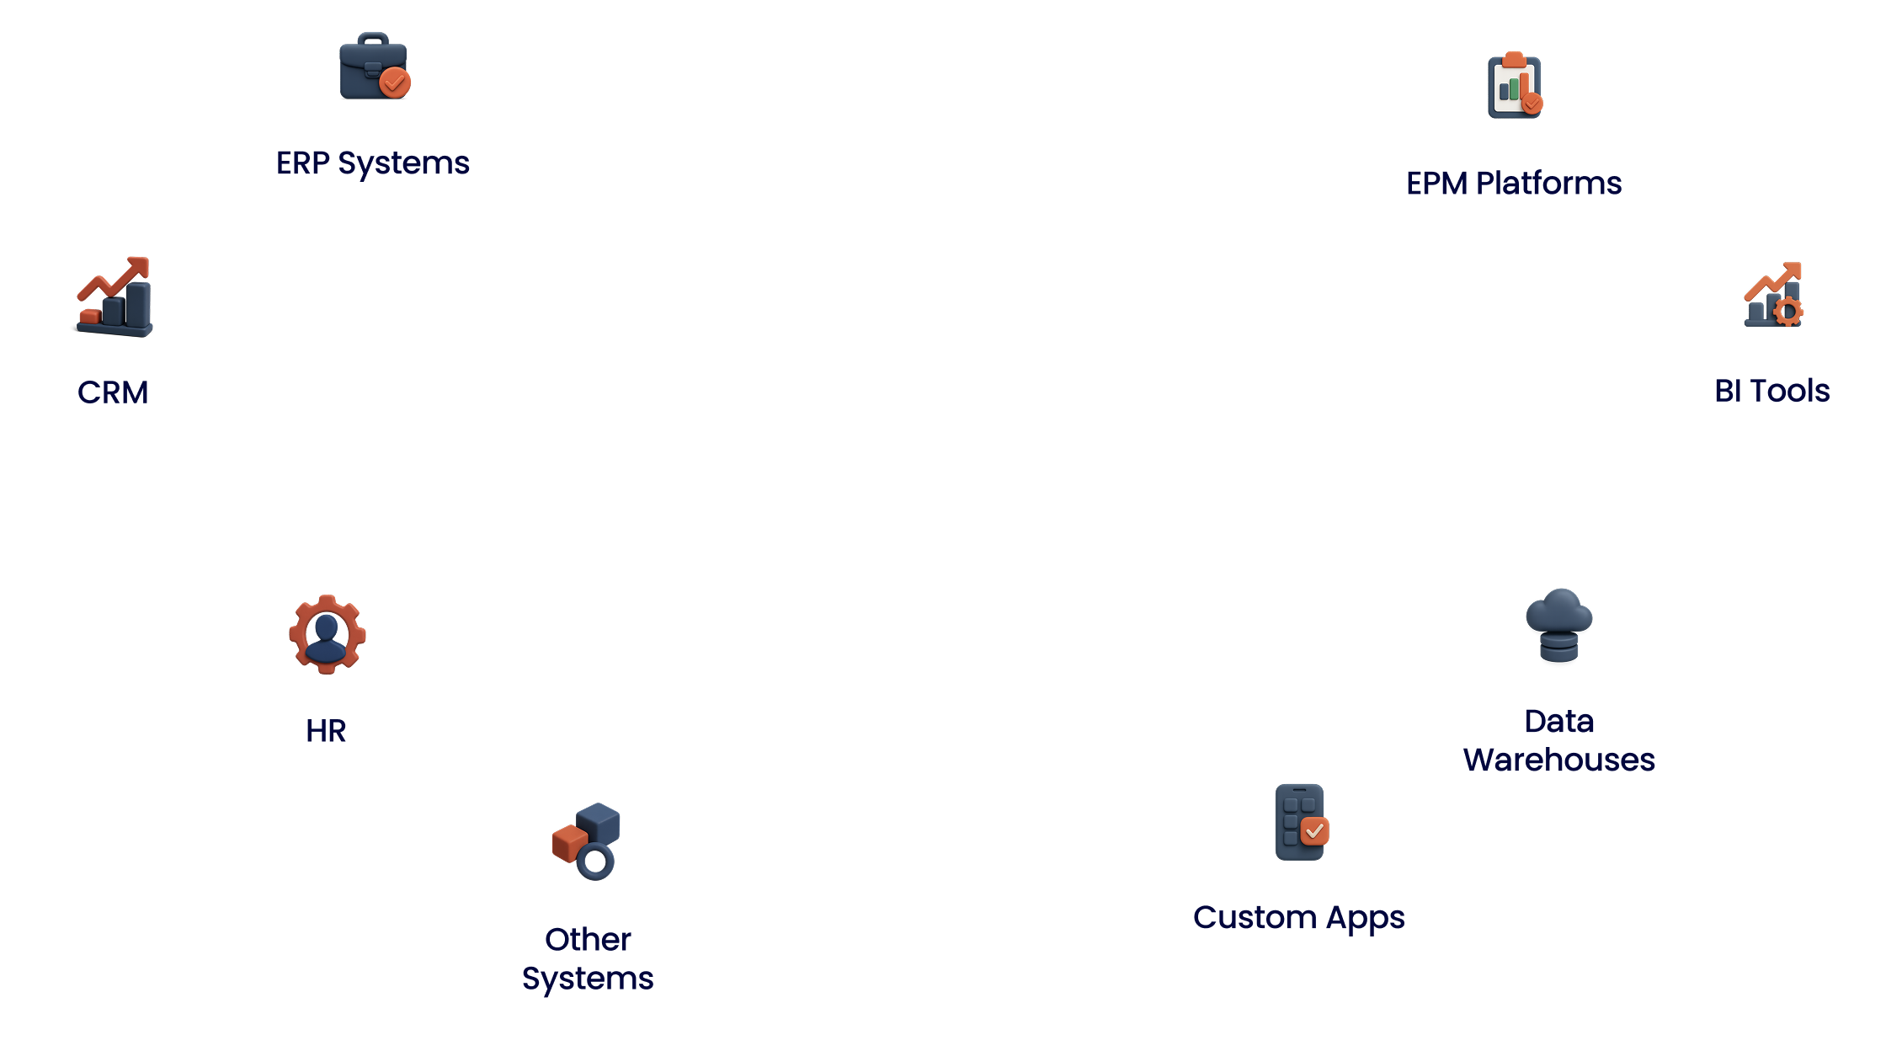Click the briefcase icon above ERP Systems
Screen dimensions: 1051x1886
373,67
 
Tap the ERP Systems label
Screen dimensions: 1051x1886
372,163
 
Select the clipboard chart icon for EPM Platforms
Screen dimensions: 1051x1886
1514,86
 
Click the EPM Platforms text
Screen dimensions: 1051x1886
1514,184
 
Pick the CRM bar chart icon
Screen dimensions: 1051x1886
114,296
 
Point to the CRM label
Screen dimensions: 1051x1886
114,392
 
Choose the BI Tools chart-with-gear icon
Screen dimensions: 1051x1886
1772,294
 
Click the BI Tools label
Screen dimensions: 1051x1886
1772,391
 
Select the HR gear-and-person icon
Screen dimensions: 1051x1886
327,633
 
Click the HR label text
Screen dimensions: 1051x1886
327,731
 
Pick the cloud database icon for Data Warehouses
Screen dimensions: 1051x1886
1559,625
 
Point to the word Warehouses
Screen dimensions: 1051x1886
1559,760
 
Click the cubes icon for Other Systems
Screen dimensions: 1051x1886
588,842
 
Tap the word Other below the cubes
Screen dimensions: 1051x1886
588,940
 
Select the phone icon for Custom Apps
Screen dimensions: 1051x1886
1299,821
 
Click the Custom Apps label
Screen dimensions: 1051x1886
1299,918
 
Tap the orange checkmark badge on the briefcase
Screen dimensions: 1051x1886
394,83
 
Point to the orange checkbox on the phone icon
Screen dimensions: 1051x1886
1314,831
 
